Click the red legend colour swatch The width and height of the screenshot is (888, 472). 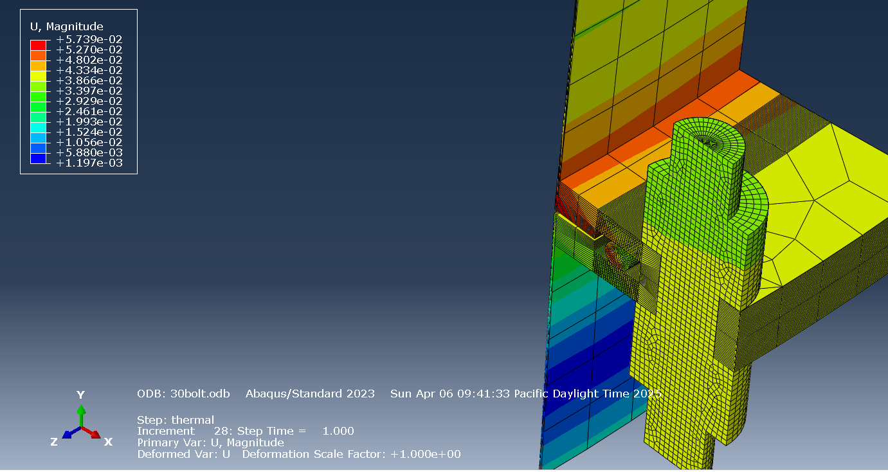(x=38, y=44)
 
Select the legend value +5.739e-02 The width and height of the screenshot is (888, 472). (x=89, y=39)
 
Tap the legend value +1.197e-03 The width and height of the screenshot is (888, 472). (x=89, y=163)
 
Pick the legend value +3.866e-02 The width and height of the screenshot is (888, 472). (x=89, y=80)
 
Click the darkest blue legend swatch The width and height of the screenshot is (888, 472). (x=38, y=158)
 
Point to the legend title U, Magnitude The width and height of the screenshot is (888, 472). (x=67, y=26)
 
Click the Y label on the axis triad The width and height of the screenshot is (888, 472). (x=80, y=395)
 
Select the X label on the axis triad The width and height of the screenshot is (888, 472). (x=108, y=442)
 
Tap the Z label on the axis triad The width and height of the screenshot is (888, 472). (x=54, y=442)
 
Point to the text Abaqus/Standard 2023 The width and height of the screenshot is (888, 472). (x=310, y=394)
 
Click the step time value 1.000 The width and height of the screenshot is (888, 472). (x=338, y=431)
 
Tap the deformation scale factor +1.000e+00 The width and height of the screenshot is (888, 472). (x=424, y=454)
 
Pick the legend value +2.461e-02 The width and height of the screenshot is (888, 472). (x=89, y=111)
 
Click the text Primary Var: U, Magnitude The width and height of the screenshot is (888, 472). (x=210, y=442)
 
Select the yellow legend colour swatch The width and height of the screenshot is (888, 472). (x=38, y=75)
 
